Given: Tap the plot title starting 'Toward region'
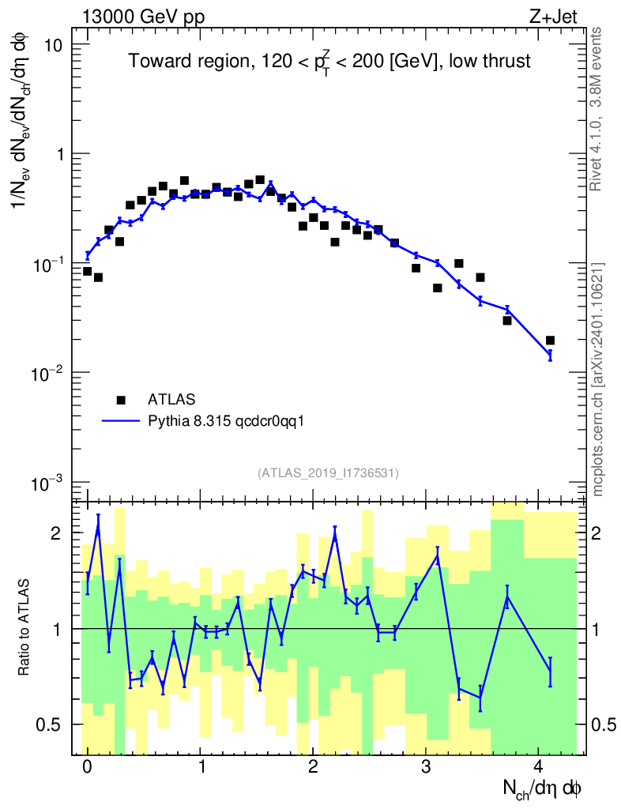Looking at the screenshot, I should coord(329,62).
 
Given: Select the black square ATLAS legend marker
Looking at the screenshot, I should coord(121,400).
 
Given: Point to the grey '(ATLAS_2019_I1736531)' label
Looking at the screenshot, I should coord(328,473).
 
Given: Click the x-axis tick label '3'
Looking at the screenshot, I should coord(426,766).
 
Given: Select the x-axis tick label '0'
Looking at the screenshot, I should coord(87,766).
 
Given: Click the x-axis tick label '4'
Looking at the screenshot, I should coord(539,766).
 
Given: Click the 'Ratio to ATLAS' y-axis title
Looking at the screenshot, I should coord(25,629).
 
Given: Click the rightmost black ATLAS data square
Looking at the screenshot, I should coord(550,341).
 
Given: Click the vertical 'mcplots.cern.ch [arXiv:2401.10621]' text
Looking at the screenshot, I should coord(598,379).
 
